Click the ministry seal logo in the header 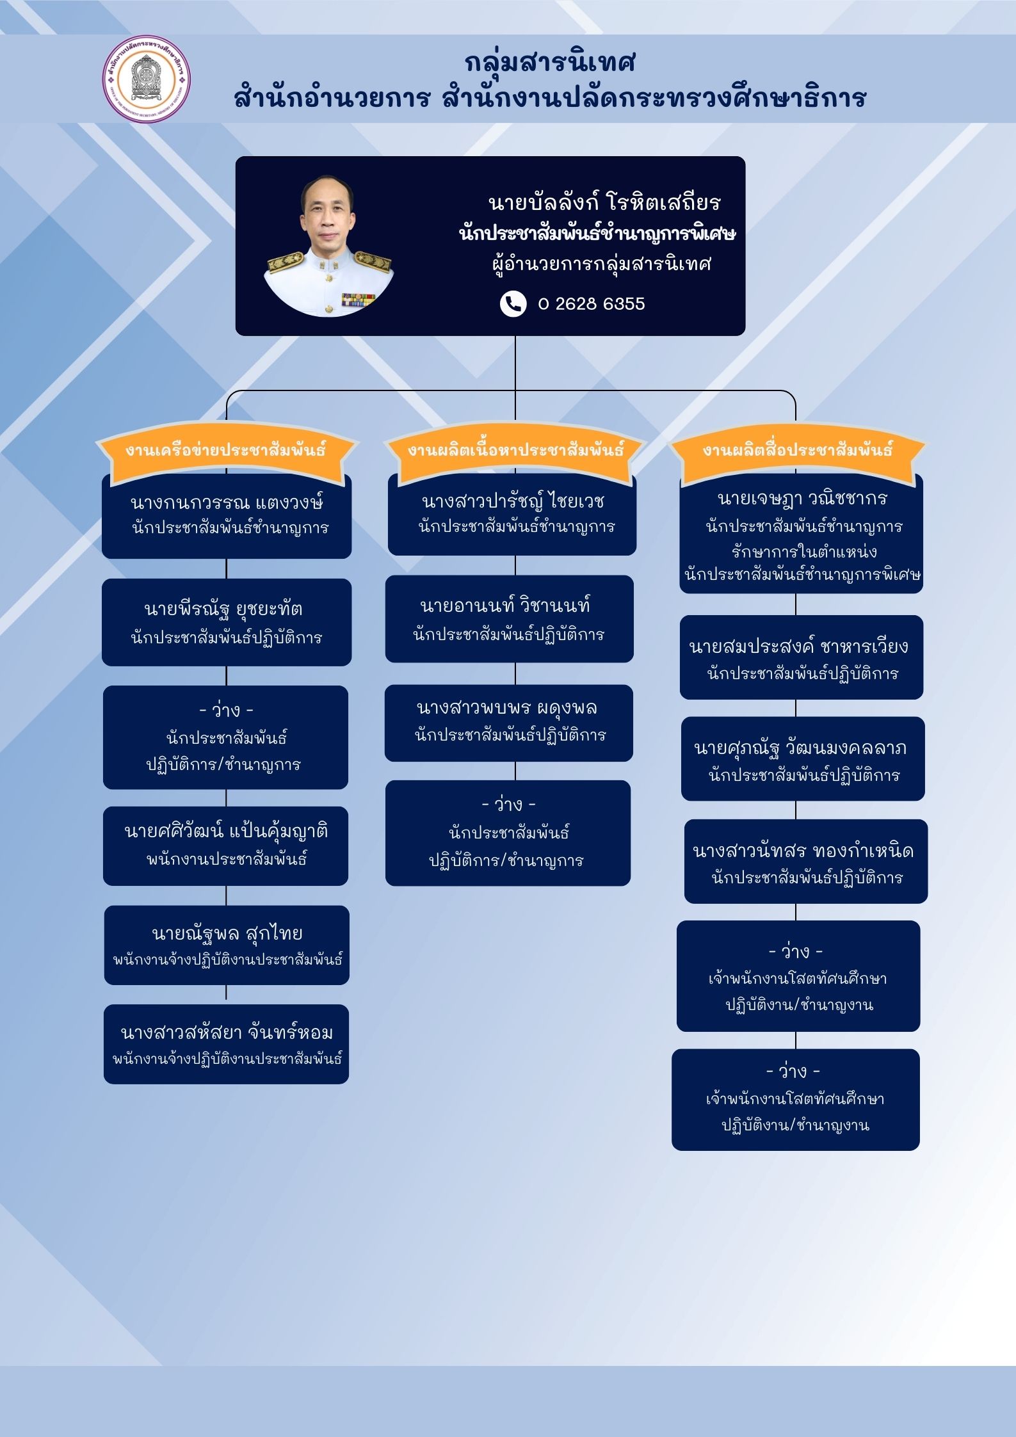(147, 79)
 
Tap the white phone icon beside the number (513, 303)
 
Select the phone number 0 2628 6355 (591, 303)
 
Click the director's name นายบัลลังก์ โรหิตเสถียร (604, 202)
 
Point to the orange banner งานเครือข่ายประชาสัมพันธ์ (226, 450)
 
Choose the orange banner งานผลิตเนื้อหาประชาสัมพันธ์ (515, 450)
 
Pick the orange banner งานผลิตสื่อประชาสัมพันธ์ (797, 450)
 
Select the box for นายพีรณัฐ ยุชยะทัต (227, 622)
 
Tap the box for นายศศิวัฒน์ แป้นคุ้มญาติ (226, 846)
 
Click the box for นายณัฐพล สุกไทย (227, 945)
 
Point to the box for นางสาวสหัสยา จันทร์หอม (226, 1044)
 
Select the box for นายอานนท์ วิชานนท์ (510, 618)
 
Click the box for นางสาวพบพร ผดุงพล (509, 723)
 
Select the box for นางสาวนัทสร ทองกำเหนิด (806, 861)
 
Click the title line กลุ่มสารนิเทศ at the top (550, 63)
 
